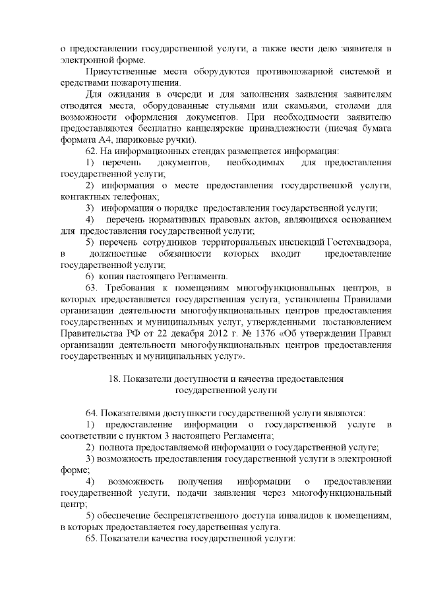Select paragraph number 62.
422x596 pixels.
coord(93,151)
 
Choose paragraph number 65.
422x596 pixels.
coord(93,538)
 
